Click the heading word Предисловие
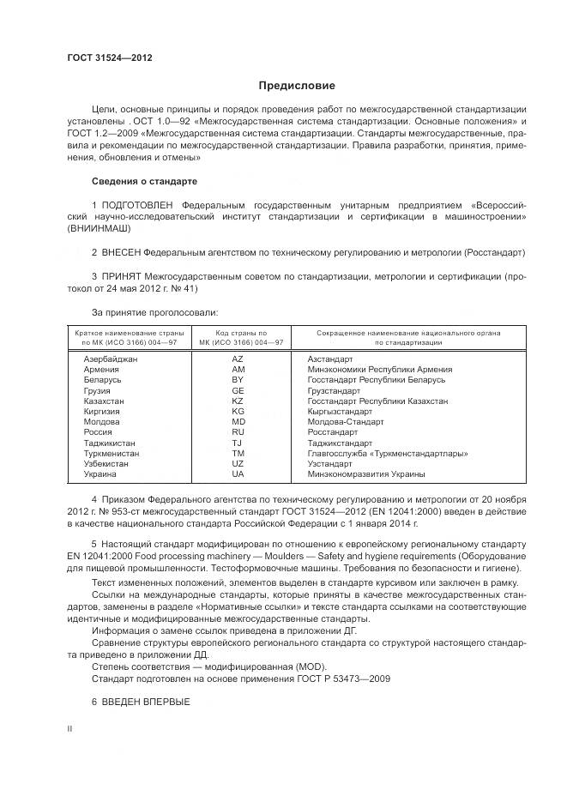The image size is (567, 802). click(x=297, y=86)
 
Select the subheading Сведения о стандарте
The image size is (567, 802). click(x=144, y=182)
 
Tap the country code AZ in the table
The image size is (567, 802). click(x=238, y=359)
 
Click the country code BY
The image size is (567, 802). click(x=238, y=379)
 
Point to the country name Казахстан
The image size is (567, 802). click(x=104, y=401)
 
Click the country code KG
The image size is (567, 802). click(x=238, y=411)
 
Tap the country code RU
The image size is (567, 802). click(x=238, y=432)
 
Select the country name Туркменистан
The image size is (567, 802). click(x=110, y=453)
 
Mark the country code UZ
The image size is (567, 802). click(x=238, y=463)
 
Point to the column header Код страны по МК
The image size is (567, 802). click(x=238, y=337)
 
